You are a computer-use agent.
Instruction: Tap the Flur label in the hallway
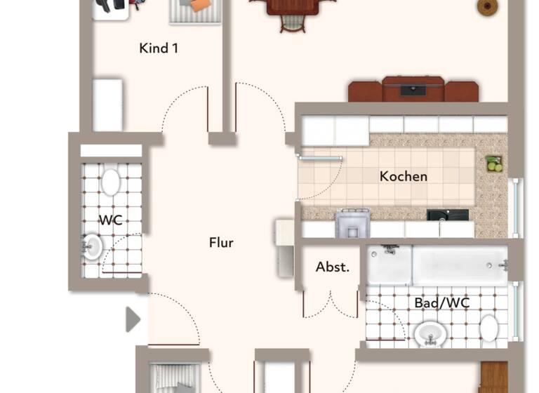pyautogui.click(x=221, y=243)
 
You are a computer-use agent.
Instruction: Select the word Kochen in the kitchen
pyautogui.click(x=403, y=176)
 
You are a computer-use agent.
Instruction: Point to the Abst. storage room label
pyautogui.click(x=333, y=267)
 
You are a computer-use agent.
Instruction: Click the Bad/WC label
pyautogui.click(x=441, y=303)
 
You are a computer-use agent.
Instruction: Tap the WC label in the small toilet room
pyautogui.click(x=110, y=220)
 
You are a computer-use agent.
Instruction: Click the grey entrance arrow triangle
pyautogui.click(x=133, y=319)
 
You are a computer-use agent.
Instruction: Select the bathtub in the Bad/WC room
pyautogui.click(x=459, y=265)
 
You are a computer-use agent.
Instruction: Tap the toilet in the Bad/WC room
pyautogui.click(x=489, y=327)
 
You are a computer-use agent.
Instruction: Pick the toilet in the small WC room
pyautogui.click(x=110, y=181)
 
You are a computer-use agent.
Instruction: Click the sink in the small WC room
pyautogui.click(x=92, y=246)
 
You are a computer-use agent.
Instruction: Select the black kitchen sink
pyautogui.click(x=447, y=215)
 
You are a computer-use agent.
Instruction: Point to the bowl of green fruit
pyautogui.click(x=495, y=164)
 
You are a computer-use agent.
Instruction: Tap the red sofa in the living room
pyautogui.click(x=413, y=90)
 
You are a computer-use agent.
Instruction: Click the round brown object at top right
pyautogui.click(x=486, y=7)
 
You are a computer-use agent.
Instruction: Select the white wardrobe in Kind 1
pyautogui.click(x=107, y=105)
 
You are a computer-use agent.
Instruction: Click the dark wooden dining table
pyautogui.click(x=291, y=7)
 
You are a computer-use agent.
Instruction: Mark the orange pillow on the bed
pyautogui.click(x=201, y=5)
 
